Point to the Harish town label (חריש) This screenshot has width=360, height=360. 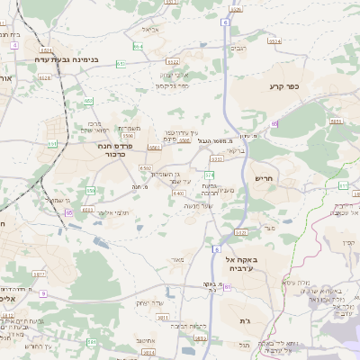pyautogui.click(x=262, y=178)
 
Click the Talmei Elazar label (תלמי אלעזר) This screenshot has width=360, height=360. pyautogui.click(x=114, y=212)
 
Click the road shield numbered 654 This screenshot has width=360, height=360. pyautogui.click(x=139, y=45)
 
